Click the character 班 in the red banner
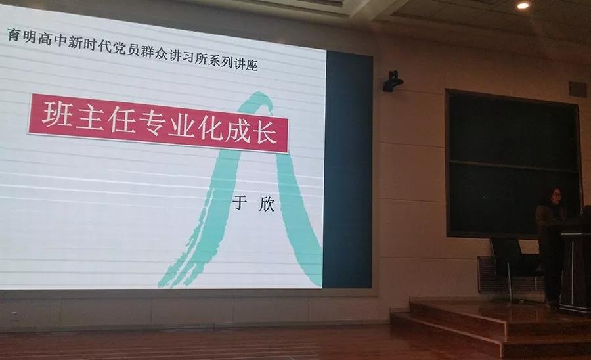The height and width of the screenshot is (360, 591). coord(57,114)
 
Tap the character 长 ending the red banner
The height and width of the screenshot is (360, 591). coord(267,131)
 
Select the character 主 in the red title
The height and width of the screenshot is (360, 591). coord(90,117)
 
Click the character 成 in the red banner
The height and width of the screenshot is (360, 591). coord(238,129)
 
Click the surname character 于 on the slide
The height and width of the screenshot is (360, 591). coord(240,203)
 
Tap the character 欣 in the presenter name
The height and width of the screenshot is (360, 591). coord(267,205)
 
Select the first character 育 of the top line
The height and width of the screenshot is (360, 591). coord(13,36)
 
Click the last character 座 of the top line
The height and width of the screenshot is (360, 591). coord(251,65)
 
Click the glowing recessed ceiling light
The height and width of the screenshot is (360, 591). coord(523,5)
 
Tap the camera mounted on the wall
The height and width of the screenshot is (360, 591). coord(393,81)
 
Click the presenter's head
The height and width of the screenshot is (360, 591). coord(553,196)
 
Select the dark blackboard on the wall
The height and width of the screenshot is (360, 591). coord(513,164)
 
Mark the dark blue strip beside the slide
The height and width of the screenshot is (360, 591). coord(347,170)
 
